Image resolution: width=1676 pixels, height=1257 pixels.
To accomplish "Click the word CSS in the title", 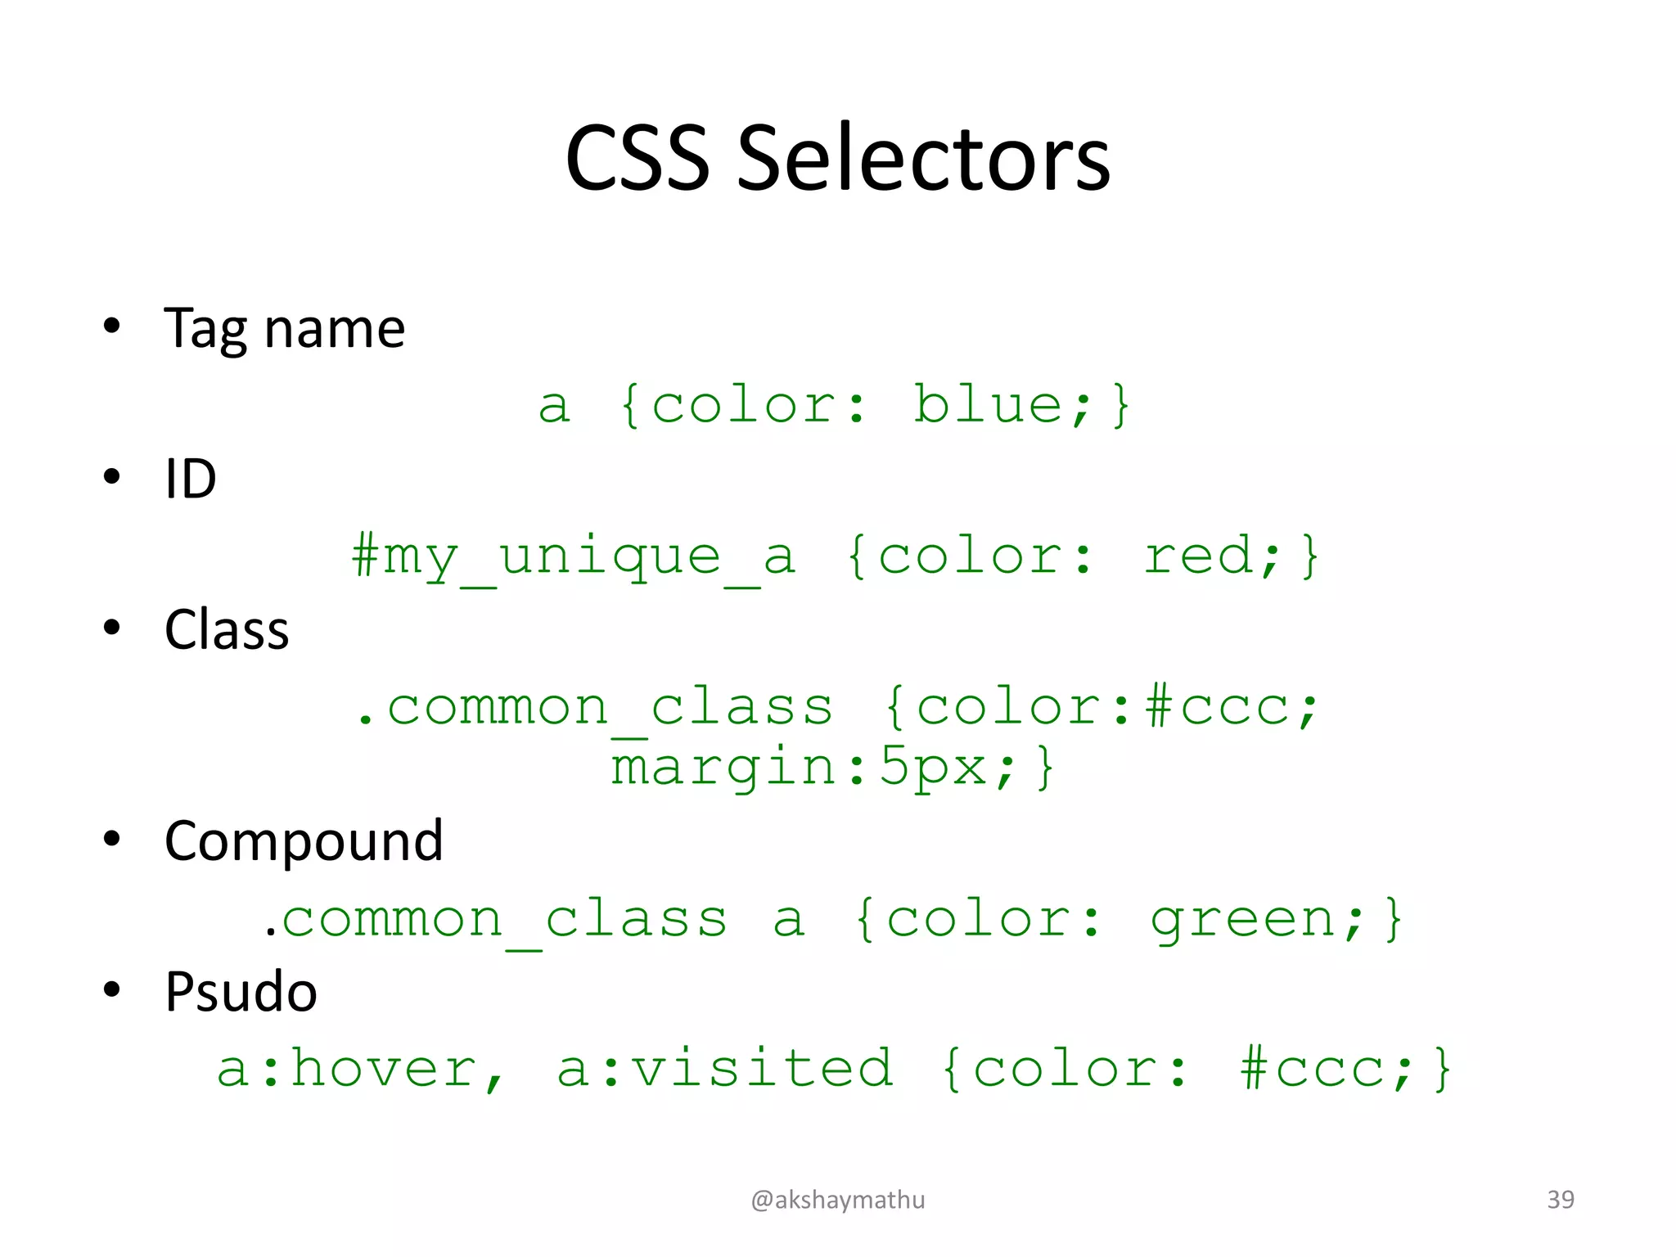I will tap(637, 159).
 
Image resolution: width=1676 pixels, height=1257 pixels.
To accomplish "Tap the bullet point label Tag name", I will tap(284, 329).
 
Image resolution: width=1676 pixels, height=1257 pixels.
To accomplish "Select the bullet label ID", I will tap(190, 479).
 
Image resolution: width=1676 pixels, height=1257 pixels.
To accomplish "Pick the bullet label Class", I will tap(227, 630).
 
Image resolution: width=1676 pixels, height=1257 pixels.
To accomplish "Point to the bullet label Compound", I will tap(304, 841).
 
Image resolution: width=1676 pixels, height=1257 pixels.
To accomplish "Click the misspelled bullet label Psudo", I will tap(241, 992).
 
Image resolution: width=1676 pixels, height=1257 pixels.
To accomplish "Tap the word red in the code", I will tap(1198, 556).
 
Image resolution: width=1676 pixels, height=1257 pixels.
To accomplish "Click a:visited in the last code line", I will tap(725, 1068).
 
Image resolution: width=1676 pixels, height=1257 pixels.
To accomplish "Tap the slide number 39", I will tap(1560, 1200).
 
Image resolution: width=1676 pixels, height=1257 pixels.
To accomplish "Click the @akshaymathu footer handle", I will tap(838, 1200).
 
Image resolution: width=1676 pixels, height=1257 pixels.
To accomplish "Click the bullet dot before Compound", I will tap(112, 839).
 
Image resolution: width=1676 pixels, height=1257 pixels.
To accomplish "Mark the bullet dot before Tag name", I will tap(112, 326).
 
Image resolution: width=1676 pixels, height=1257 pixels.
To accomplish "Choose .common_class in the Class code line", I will tap(595, 709).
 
